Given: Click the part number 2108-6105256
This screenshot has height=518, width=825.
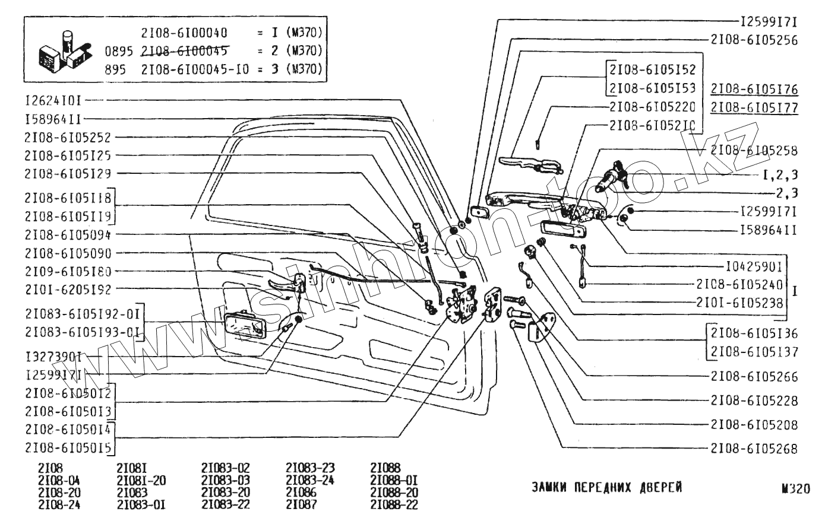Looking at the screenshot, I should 754,40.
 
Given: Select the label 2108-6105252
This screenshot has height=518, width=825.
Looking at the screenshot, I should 68,137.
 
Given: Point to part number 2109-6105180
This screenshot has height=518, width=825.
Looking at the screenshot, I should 68,271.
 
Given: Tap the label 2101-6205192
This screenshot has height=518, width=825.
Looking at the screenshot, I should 68,289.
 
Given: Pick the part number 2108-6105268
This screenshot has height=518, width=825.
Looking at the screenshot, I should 754,449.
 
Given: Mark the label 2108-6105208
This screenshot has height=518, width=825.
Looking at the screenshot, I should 754,425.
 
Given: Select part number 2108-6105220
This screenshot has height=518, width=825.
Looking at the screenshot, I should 652,107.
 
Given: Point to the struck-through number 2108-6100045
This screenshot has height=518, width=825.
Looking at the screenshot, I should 185,50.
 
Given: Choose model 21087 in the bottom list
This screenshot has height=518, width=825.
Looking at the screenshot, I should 301,505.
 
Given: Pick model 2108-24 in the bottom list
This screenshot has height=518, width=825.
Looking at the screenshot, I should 59,505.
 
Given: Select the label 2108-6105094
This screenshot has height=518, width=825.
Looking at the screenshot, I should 68,234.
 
